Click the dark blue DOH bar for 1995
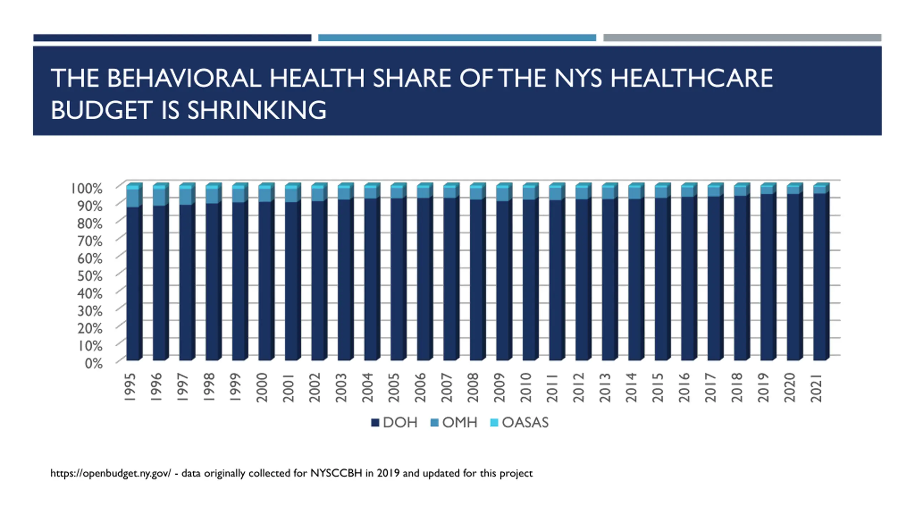coord(133,283)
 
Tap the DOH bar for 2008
coord(476,279)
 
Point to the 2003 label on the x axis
coord(341,388)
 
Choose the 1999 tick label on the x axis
coord(236,388)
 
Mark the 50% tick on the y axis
coord(90,276)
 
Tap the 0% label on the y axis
coord(94,364)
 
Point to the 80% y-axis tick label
coord(90,224)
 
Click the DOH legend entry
coord(395,423)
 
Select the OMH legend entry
coord(454,423)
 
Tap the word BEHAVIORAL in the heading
coord(184,78)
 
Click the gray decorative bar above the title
coord(742,38)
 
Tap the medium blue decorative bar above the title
coord(457,38)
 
